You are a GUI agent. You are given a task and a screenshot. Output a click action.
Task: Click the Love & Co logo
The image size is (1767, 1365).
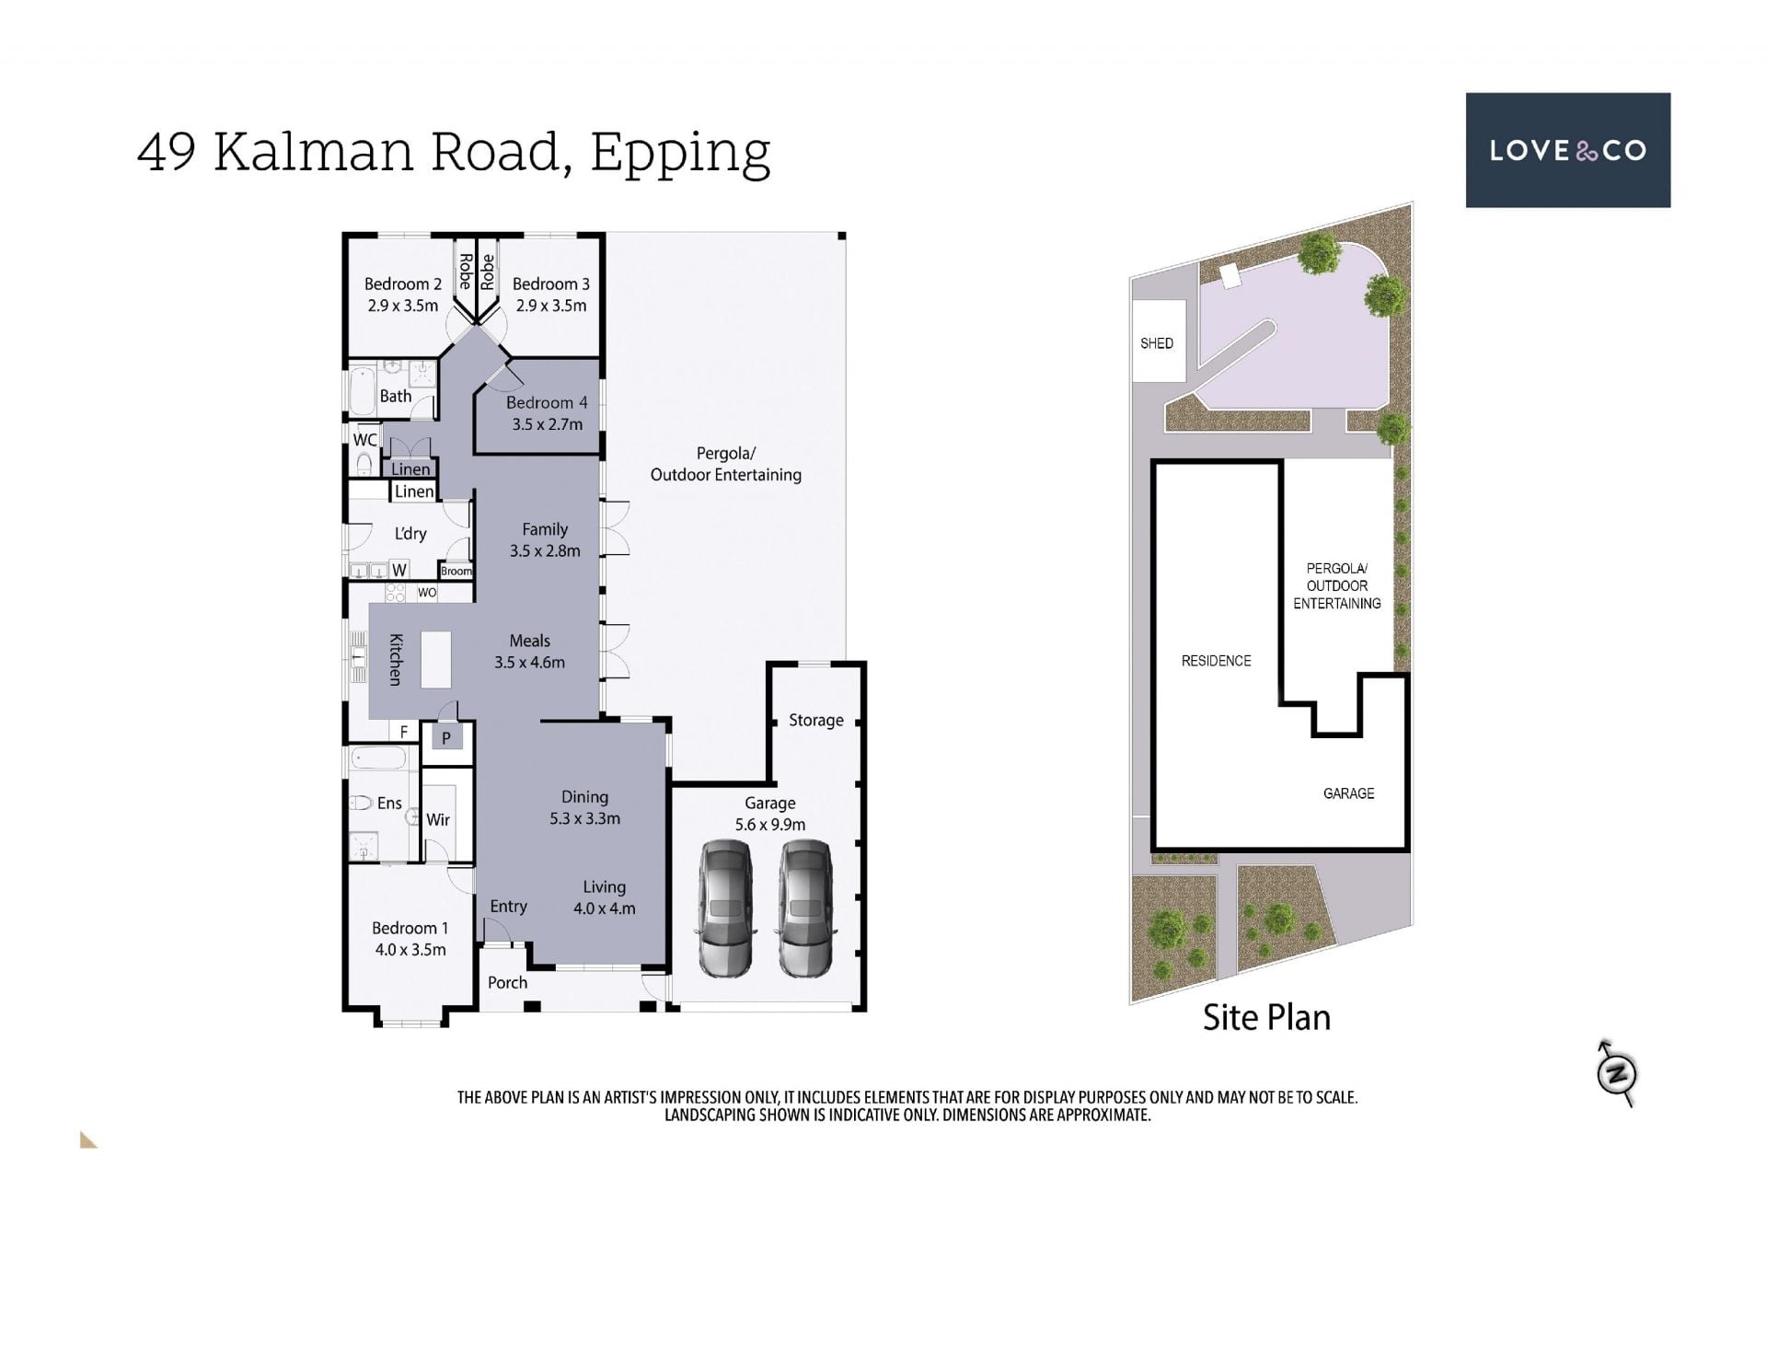1567,150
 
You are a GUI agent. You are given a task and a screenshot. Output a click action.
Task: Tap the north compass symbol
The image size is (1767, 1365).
1617,1073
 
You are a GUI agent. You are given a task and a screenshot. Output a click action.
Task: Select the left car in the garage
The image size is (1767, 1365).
726,908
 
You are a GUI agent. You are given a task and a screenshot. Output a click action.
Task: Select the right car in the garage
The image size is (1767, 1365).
805,908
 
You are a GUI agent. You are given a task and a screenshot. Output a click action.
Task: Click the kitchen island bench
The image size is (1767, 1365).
436,660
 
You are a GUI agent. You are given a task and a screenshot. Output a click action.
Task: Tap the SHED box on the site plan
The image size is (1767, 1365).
1158,341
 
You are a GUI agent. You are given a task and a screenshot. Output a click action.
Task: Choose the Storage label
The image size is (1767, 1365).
815,720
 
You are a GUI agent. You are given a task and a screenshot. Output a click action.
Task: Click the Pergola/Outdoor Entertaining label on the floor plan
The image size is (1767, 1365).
725,464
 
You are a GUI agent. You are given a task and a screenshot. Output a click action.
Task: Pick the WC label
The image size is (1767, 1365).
364,440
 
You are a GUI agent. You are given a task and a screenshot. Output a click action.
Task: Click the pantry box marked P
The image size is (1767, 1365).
446,737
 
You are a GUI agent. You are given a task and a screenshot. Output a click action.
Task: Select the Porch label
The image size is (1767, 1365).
507,982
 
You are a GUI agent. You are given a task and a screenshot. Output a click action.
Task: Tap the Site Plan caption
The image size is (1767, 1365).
1266,1018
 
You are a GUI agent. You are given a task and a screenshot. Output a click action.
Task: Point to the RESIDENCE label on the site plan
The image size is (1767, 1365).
1216,661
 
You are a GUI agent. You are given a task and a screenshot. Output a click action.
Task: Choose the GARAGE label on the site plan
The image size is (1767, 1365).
1348,793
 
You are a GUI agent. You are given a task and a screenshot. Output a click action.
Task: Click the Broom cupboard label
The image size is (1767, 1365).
456,572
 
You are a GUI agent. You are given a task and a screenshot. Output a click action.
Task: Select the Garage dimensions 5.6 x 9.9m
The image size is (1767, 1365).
769,825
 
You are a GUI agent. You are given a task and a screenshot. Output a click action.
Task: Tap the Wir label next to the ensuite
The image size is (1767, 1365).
438,819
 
